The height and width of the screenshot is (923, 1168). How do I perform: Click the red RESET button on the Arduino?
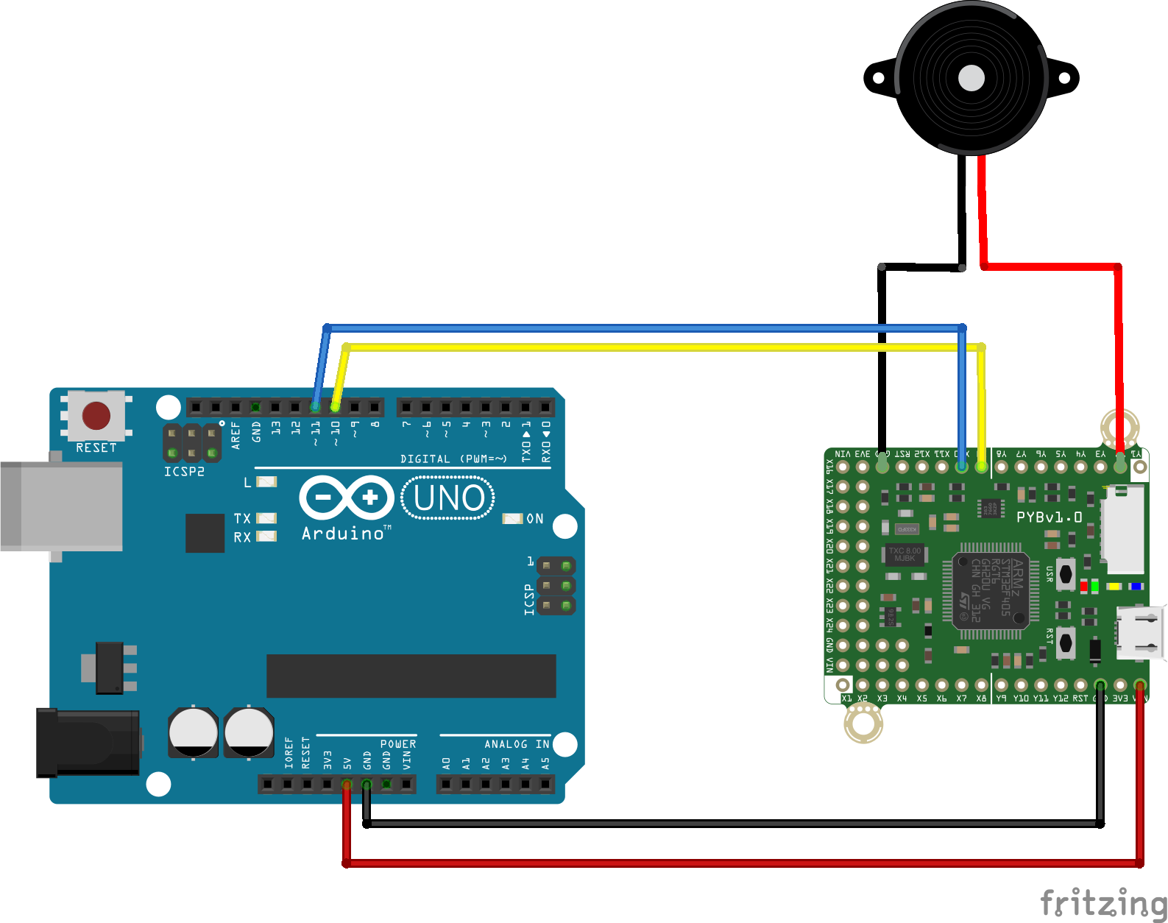(x=96, y=415)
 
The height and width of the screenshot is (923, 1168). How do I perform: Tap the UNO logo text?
(x=448, y=498)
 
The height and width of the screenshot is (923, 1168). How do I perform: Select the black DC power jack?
(x=88, y=742)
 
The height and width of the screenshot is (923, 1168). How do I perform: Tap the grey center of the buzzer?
(x=971, y=77)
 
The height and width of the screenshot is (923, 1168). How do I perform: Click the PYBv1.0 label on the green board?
(x=1049, y=517)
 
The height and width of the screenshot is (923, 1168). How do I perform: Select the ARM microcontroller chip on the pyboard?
(x=991, y=591)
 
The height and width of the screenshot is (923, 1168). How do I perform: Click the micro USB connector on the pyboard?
(x=1140, y=632)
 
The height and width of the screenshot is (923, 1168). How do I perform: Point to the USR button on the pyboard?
(x=1066, y=573)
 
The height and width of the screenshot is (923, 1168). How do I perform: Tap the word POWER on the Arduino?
(x=398, y=744)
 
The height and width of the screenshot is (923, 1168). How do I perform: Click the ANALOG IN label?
(x=517, y=744)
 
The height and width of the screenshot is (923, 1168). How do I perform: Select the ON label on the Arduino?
(x=535, y=519)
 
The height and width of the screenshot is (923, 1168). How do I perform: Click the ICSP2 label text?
(x=184, y=472)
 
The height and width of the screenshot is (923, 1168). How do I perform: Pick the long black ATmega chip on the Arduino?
(x=411, y=676)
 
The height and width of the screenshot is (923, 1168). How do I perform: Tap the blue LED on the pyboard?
(x=1136, y=587)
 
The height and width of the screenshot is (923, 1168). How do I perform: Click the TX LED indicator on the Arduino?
(x=266, y=518)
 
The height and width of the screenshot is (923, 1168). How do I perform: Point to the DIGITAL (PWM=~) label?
(x=453, y=459)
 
